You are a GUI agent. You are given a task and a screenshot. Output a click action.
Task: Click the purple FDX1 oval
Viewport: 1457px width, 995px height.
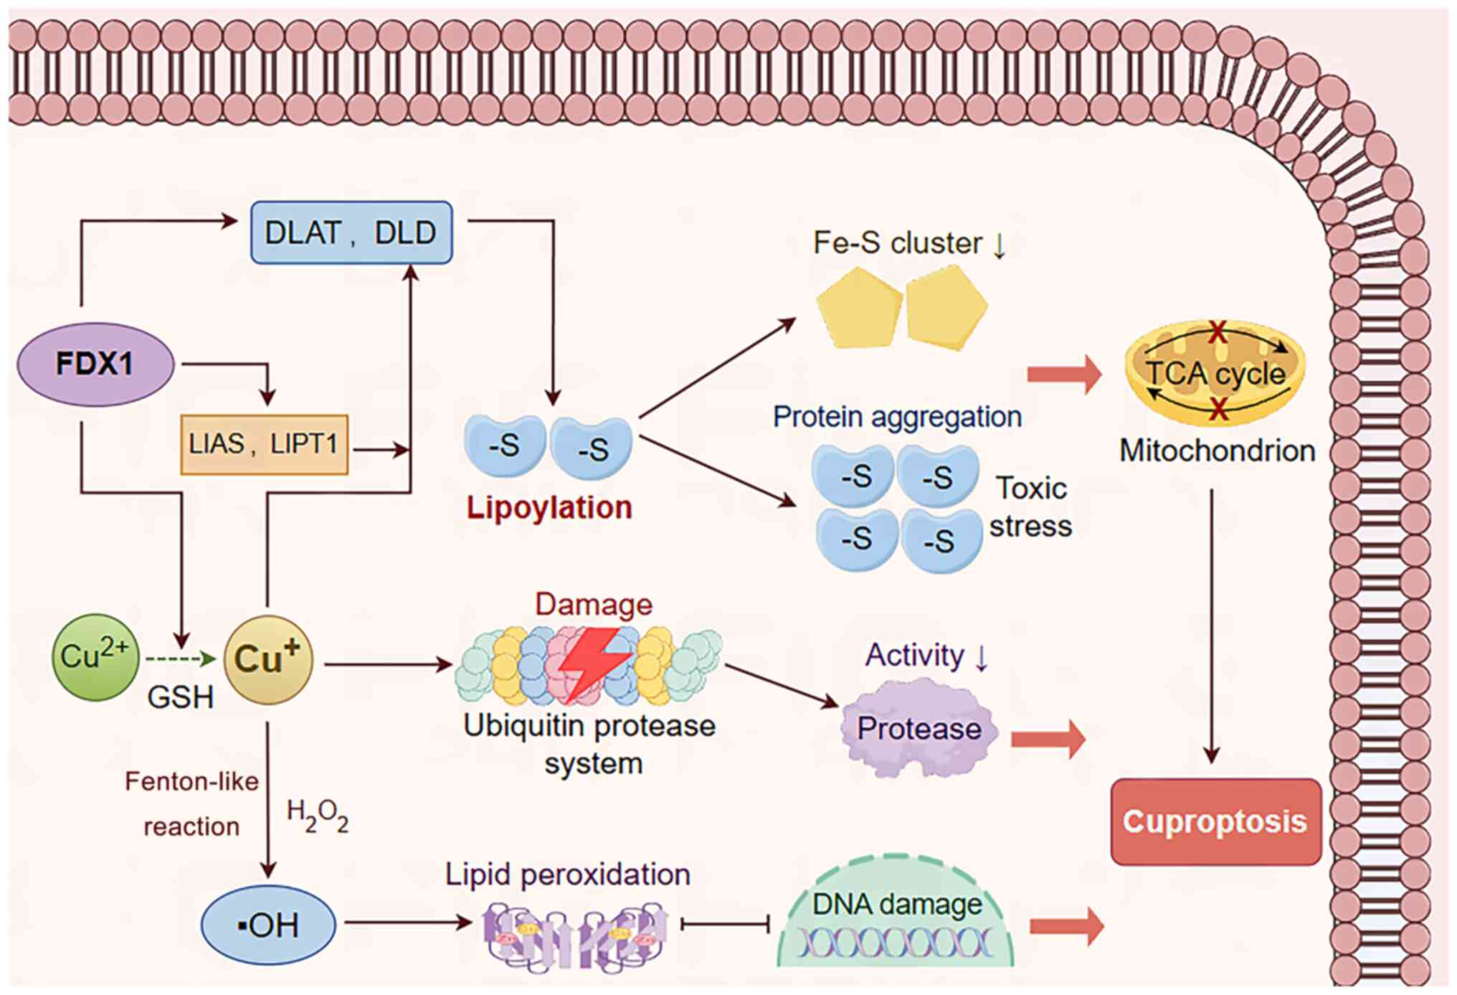coord(95,364)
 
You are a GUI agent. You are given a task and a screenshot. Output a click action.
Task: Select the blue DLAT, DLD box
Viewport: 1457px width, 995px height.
coord(351,232)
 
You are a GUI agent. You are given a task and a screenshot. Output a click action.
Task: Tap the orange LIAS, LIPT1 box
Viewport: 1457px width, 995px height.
coord(264,444)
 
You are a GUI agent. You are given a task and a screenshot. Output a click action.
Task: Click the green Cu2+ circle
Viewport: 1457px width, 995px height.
coord(95,656)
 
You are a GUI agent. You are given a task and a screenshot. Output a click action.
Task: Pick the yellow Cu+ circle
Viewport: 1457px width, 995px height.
coord(268,659)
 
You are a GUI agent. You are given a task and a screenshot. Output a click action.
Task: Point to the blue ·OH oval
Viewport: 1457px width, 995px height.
coord(268,925)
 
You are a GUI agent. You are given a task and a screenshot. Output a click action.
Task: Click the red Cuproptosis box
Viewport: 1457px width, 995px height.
coord(1215,821)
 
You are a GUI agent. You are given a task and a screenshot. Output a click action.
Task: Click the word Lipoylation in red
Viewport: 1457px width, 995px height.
coord(549,508)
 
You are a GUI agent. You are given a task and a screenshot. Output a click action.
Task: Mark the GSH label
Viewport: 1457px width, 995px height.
coord(180,697)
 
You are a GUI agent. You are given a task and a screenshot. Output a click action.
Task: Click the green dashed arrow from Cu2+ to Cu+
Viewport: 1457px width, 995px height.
coord(179,659)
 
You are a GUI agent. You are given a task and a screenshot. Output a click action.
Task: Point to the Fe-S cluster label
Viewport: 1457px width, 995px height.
coord(898,243)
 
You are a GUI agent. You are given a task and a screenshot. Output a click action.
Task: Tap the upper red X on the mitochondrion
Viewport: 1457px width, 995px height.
coord(1217,332)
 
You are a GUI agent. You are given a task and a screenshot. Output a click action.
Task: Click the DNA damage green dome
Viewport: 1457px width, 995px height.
coord(896,915)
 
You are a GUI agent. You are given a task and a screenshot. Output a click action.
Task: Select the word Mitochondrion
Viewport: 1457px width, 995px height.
coord(1218,451)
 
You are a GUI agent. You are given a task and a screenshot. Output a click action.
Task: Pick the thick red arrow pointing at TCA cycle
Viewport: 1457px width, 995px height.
coord(1064,374)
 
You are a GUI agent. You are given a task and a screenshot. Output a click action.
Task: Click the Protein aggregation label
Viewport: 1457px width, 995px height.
coord(897,417)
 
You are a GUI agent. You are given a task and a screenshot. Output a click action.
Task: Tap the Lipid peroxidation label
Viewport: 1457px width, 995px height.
coord(567,874)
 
